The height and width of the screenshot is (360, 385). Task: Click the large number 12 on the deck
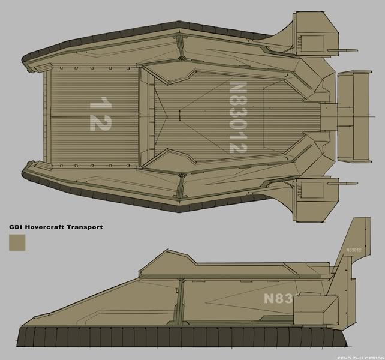(x=101, y=114)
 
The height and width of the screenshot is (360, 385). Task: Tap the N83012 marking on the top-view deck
(x=238, y=117)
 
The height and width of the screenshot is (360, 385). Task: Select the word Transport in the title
(x=85, y=227)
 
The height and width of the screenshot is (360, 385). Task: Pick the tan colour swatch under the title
(x=17, y=242)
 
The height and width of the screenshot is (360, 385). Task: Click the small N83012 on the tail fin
(x=354, y=250)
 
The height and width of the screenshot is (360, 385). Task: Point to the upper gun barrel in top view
(x=342, y=50)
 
